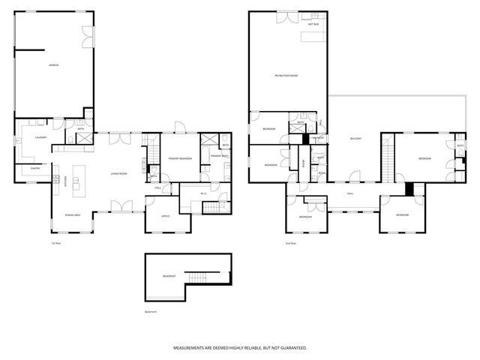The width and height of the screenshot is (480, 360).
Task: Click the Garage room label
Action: pyautogui.click(x=53, y=66)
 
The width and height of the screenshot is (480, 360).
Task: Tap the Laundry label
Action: pyautogui.click(x=41, y=137)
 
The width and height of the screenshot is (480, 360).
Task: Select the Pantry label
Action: pyautogui.click(x=35, y=169)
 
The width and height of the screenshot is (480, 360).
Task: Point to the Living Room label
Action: pyautogui.click(x=118, y=173)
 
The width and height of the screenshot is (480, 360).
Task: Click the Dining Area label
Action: pyautogui.click(x=72, y=215)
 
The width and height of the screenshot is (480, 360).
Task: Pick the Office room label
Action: pyautogui.click(x=166, y=216)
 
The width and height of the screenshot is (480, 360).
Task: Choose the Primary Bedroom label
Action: pyautogui.click(x=180, y=159)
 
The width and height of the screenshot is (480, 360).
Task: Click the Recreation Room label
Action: pyautogui.click(x=286, y=76)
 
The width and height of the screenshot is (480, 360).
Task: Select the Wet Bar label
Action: pyautogui.click(x=313, y=25)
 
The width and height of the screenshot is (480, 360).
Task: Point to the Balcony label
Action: pyautogui.click(x=355, y=139)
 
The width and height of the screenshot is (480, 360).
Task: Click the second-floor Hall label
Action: pyautogui.click(x=349, y=193)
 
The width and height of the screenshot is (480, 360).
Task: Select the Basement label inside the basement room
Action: pyautogui.click(x=169, y=276)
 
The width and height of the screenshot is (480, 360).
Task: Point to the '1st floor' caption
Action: pyautogui.click(x=55, y=243)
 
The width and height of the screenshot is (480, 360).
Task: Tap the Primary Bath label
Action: pyautogui.click(x=219, y=155)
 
